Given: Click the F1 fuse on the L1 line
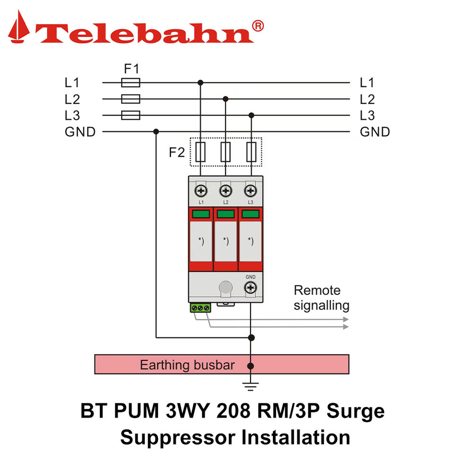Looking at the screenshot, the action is tap(131, 83).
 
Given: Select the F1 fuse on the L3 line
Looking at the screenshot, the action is tap(131, 115).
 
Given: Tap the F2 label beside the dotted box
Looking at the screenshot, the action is tap(176, 153).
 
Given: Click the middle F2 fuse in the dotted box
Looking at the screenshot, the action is tap(226, 152).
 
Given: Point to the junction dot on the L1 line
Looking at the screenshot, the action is tap(201, 83).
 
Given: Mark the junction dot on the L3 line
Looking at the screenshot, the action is tap(251, 115).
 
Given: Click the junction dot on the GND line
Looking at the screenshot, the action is tap(156, 132).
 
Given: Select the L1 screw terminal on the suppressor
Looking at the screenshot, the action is tap(201, 191).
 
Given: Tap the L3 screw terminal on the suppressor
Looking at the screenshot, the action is tap(251, 191).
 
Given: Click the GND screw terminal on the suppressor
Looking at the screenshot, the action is tap(251, 288).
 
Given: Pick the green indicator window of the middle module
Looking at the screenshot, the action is tap(226, 214).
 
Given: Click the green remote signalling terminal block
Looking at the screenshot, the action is tap(201, 308).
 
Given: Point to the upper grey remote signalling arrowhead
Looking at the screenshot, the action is tap(346, 319).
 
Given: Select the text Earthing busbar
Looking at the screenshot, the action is tap(187, 365).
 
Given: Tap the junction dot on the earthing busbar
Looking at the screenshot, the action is tap(251, 366).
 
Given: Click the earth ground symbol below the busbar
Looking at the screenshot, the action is tap(251, 386).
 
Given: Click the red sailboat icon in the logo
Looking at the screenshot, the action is tap(19, 26).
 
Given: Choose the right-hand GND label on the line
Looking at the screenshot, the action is tap(375, 132).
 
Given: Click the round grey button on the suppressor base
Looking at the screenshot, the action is tap(226, 288).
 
